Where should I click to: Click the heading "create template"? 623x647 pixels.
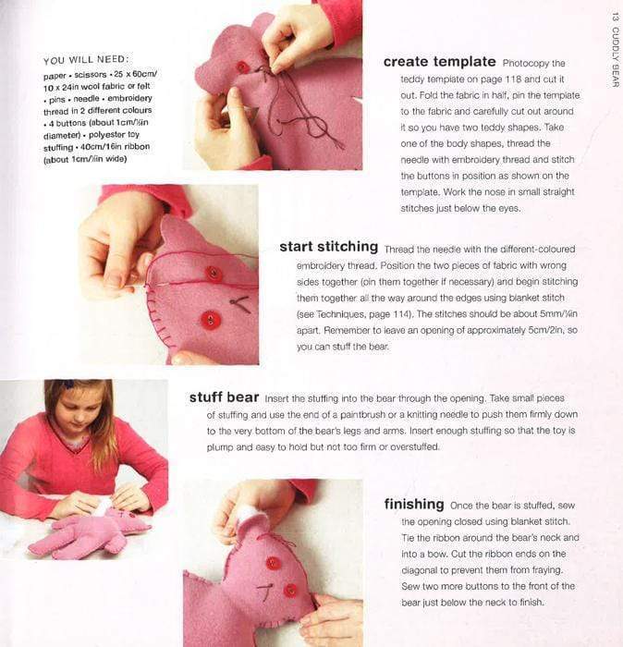pos(439,62)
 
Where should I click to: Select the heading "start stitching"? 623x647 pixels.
pos(328,247)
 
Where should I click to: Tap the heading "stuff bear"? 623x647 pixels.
pos(224,397)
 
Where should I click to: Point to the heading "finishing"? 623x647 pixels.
pos(414,505)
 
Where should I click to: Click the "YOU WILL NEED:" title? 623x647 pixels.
pos(86,60)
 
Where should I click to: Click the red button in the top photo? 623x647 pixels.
pos(243,67)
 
